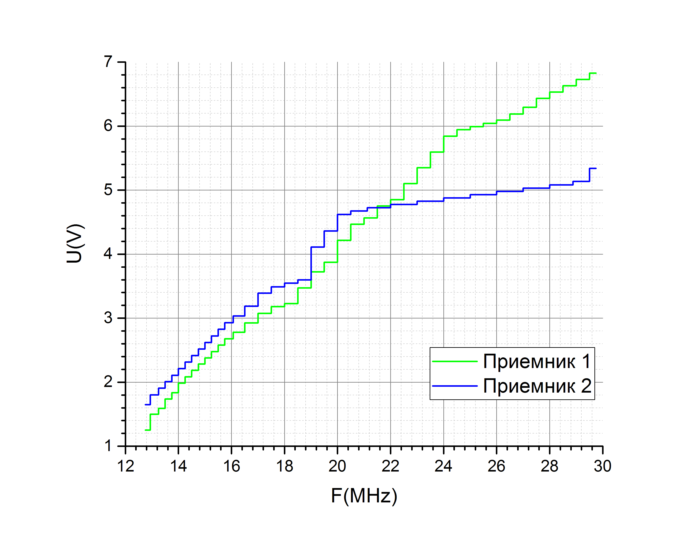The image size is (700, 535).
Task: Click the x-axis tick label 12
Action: (x=126, y=466)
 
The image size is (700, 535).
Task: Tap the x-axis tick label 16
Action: (x=231, y=466)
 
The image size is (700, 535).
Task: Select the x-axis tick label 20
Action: (x=337, y=466)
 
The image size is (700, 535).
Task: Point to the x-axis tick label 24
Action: (x=443, y=466)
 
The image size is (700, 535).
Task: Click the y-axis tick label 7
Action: (x=108, y=62)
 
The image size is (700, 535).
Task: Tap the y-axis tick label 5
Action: (x=108, y=190)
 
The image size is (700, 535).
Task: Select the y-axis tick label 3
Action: (x=108, y=318)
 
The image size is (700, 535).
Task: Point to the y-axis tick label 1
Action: (x=108, y=446)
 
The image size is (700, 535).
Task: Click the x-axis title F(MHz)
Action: (x=364, y=496)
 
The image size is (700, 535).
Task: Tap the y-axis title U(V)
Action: (x=75, y=244)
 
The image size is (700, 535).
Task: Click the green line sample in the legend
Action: (x=455, y=362)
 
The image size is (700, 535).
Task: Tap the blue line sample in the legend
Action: (x=455, y=386)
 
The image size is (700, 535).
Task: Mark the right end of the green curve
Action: (x=596, y=73)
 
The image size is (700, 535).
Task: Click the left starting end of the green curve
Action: (x=145, y=430)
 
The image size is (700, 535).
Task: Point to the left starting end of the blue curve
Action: (x=145, y=405)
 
